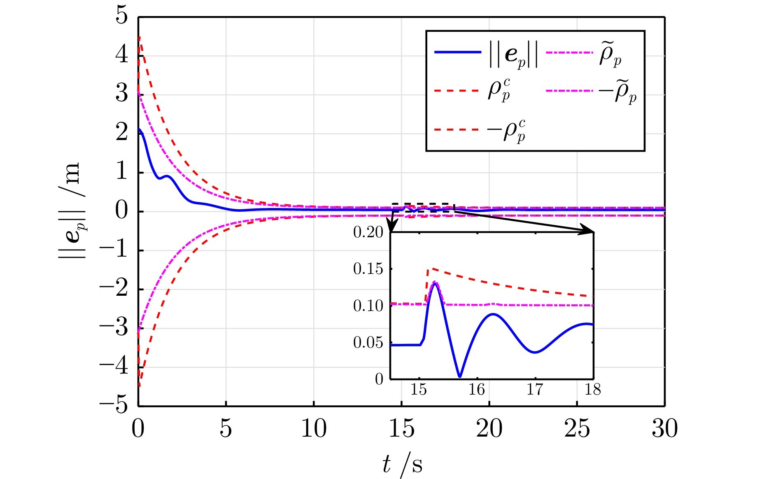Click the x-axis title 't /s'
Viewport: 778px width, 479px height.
coord(401,464)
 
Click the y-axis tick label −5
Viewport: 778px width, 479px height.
coord(114,405)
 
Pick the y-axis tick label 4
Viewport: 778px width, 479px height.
coord(121,55)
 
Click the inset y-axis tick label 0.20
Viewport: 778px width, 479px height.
coord(368,232)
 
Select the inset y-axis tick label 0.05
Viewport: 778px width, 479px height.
coord(368,342)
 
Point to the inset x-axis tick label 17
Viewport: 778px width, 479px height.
coord(535,389)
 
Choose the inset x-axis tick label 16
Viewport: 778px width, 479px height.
coord(477,389)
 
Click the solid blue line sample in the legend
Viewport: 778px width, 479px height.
coord(458,52)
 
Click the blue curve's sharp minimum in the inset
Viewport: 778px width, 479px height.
coord(460,376)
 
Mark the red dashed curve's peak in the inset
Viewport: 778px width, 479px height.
coord(428,269)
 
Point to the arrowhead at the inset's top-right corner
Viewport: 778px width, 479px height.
coord(589,231)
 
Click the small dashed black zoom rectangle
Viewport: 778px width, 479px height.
coord(423,208)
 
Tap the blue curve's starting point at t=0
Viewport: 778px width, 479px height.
coord(139,129)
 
